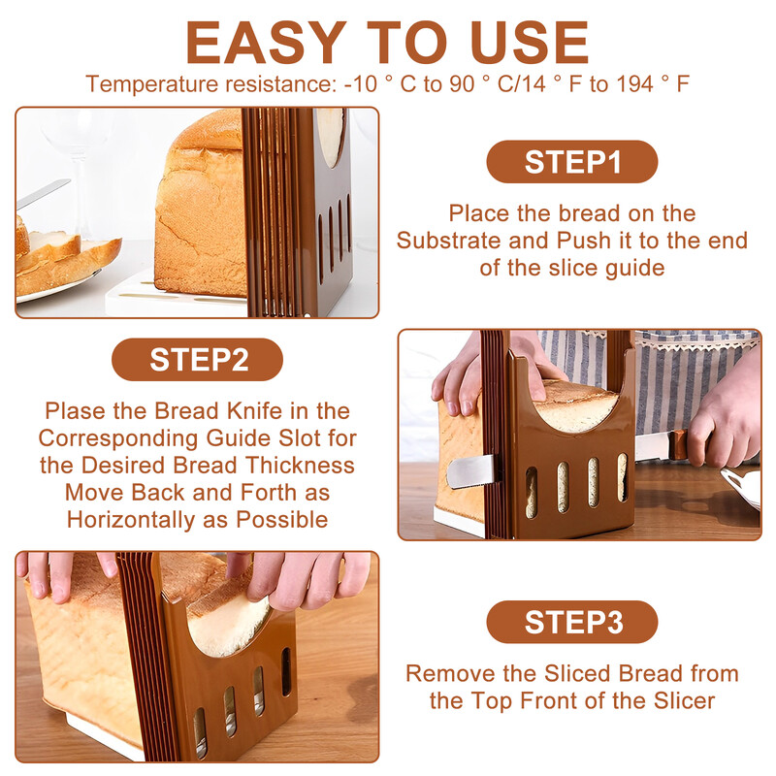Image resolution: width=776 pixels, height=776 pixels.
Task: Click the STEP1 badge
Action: (572, 162)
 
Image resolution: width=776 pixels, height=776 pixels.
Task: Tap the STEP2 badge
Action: (198, 359)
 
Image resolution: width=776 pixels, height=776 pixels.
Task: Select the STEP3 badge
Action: (572, 622)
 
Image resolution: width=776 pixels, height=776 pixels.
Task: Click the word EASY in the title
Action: (266, 43)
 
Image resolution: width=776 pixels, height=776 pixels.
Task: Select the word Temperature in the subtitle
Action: (152, 84)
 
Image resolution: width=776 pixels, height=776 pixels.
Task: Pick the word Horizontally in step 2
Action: (131, 521)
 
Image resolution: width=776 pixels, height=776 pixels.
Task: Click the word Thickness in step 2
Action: (300, 466)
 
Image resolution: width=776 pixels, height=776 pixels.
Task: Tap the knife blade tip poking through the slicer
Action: (470, 471)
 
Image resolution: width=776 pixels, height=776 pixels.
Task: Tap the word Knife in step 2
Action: (254, 411)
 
